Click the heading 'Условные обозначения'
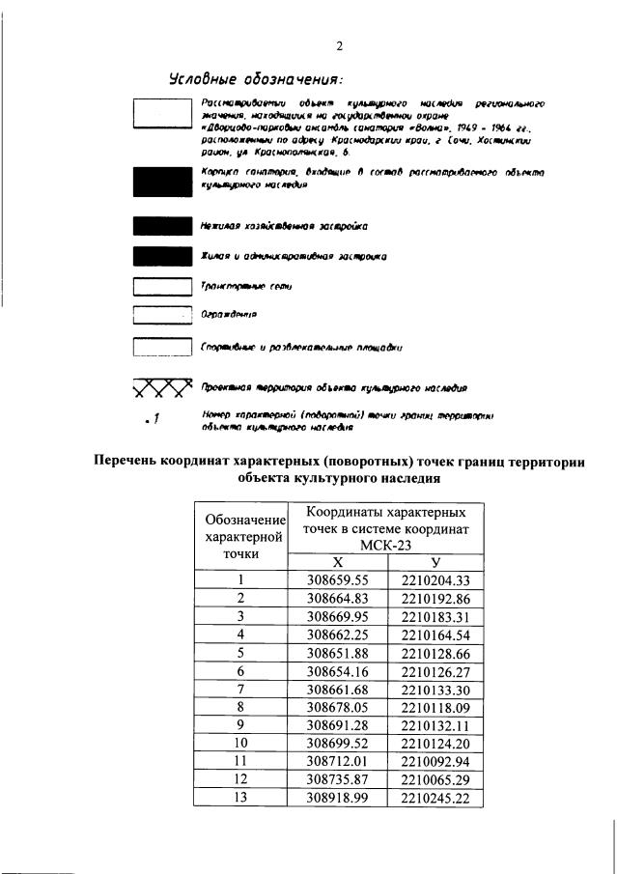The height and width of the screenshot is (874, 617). click(x=255, y=78)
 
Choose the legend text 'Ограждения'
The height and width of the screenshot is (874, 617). click(x=228, y=315)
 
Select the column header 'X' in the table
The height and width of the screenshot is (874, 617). click(x=337, y=563)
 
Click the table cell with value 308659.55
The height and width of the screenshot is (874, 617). click(x=338, y=580)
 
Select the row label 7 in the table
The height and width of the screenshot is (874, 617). click(x=242, y=689)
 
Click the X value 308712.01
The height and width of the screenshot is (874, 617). click(x=338, y=761)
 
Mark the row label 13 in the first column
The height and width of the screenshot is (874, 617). click(x=242, y=798)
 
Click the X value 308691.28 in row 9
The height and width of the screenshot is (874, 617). click(x=338, y=725)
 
